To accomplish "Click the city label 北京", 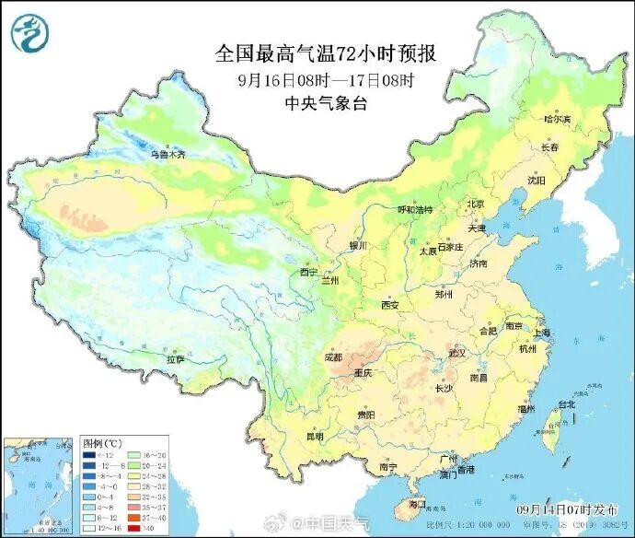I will click(x=475, y=204).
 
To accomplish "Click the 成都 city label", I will click(x=333, y=357).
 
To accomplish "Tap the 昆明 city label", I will click(x=316, y=435).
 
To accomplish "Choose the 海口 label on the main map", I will click(x=417, y=504).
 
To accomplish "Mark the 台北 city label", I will click(x=566, y=403).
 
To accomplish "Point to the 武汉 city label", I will click(x=457, y=353).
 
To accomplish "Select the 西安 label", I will click(x=389, y=305).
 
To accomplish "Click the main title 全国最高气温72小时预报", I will click(x=325, y=53).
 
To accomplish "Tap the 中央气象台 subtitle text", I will click(x=325, y=103).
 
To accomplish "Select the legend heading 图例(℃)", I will click(x=98, y=443).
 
